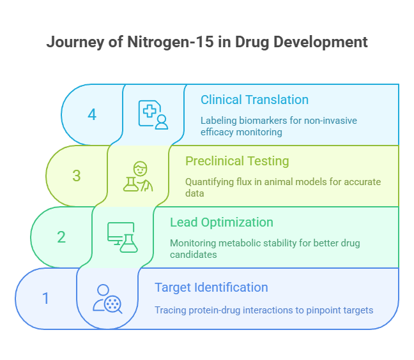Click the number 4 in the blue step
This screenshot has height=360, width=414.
tap(92, 115)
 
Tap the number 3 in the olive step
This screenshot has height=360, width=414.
tap(77, 176)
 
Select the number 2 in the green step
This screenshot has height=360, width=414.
tap(61, 237)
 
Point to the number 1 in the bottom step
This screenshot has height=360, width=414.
tap(45, 298)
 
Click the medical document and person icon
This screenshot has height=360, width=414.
tap(153, 115)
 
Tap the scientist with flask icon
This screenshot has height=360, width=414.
tap(138, 176)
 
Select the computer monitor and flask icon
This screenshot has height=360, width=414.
tap(123, 237)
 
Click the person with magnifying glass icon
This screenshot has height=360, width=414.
tap(107, 299)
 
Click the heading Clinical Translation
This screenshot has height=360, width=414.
tap(254, 100)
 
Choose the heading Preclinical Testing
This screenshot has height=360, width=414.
tap(237, 161)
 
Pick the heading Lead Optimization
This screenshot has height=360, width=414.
tap(222, 222)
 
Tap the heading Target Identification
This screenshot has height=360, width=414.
tap(211, 287)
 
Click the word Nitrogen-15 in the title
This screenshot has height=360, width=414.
tap(171, 41)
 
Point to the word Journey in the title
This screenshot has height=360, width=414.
tap(75, 42)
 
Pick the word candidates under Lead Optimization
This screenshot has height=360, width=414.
tap(194, 255)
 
